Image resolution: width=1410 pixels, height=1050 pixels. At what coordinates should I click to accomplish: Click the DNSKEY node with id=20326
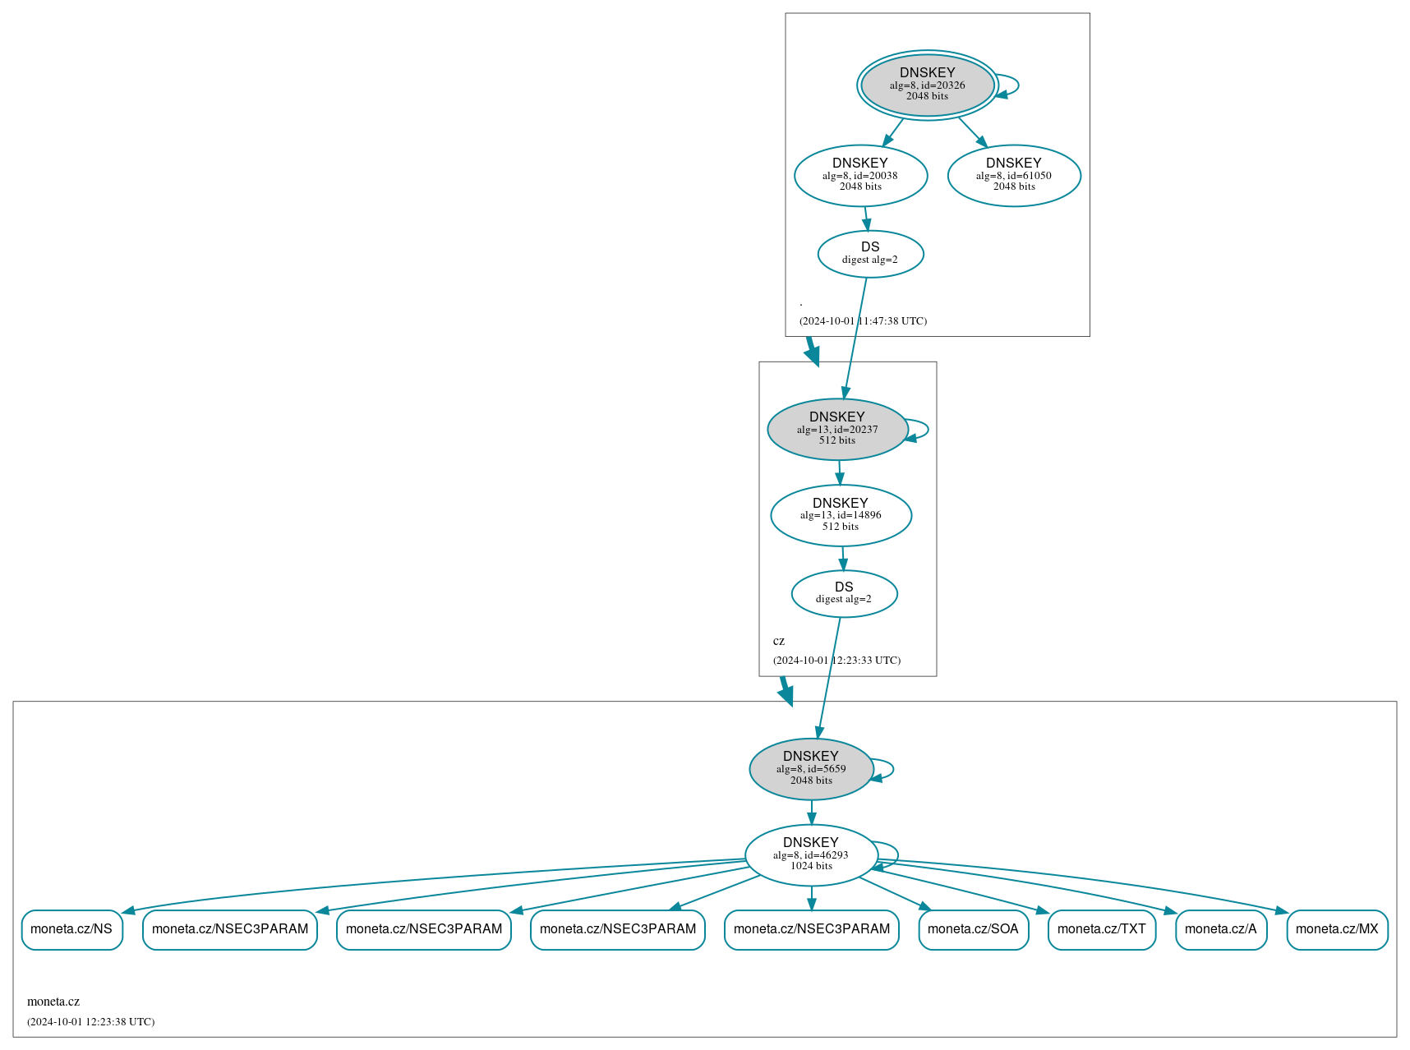click(x=927, y=85)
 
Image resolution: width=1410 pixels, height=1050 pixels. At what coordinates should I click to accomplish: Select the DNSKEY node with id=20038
click(x=860, y=175)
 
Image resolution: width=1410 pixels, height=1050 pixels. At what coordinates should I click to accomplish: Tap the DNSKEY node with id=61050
click(x=1013, y=175)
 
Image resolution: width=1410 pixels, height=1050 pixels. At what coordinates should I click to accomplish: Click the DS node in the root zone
click(x=870, y=254)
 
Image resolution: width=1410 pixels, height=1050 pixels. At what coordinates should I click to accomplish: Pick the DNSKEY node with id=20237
click(x=836, y=429)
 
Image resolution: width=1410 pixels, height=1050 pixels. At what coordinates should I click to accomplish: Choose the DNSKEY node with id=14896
click(x=840, y=515)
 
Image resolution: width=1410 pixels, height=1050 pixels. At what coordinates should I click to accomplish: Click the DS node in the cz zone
click(x=844, y=593)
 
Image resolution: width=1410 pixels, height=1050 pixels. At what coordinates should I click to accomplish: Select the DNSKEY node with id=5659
click(x=810, y=769)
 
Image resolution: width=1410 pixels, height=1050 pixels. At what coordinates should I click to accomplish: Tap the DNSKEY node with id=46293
click(x=810, y=854)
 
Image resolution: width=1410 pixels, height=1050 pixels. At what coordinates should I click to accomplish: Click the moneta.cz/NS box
click(x=71, y=929)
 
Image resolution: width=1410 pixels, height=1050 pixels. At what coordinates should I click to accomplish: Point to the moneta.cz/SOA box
click(x=973, y=929)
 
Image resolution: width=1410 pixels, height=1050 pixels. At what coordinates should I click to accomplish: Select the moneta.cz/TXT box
click(x=1101, y=929)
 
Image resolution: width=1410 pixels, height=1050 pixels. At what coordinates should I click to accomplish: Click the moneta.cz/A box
click(x=1220, y=929)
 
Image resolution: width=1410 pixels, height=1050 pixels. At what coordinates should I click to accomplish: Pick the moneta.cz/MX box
click(x=1337, y=929)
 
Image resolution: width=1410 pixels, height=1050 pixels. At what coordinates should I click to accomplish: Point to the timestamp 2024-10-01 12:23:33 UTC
click(x=836, y=661)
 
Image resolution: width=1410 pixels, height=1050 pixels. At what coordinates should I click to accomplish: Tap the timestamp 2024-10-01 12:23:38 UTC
click(x=90, y=1022)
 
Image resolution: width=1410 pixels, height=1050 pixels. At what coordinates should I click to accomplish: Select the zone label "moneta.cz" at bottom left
click(x=53, y=1002)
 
